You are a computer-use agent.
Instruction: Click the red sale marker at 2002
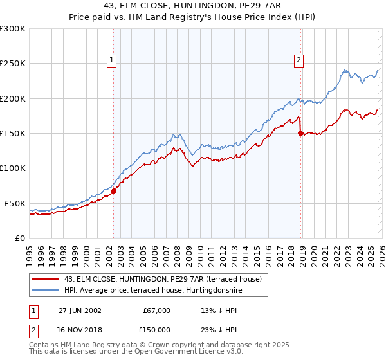pos(114,191)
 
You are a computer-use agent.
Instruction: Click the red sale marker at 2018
pos(300,134)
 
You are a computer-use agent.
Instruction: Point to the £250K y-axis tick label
pos(12,64)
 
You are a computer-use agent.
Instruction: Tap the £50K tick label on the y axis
pos(14,203)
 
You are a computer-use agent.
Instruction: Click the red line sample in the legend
pos(46,279)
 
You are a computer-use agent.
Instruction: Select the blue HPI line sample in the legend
pos(46,289)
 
